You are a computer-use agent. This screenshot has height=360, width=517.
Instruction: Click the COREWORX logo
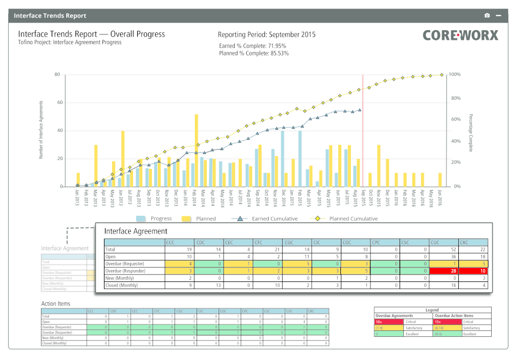pyautogui.click(x=460, y=36)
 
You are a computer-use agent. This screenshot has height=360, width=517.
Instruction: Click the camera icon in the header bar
pyautogui.click(x=487, y=16)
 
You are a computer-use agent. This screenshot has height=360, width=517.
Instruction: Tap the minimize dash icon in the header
pyautogui.click(x=498, y=16)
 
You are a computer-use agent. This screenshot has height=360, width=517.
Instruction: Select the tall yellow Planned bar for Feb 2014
pyautogui.click(x=196, y=150)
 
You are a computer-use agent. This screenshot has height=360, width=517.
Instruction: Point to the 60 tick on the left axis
pyautogui.click(x=57, y=102)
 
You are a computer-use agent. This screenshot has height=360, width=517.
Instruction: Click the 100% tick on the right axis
pyautogui.click(x=455, y=74)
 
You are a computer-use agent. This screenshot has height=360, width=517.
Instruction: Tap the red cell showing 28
pyautogui.click(x=444, y=271)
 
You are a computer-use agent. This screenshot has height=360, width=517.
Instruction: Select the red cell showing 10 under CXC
pyautogui.click(x=473, y=271)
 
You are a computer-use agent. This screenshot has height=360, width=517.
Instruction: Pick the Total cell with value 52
pyautogui.click(x=444, y=250)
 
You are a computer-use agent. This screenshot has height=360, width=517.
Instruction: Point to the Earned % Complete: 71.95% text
pyautogui.click(x=253, y=46)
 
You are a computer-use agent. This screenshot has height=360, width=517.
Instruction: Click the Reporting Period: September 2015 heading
pyautogui.click(x=266, y=34)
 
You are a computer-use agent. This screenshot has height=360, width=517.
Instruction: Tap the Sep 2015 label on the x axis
pyautogui.click(x=364, y=199)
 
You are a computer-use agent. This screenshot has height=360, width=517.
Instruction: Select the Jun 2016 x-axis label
pyautogui.click(x=440, y=199)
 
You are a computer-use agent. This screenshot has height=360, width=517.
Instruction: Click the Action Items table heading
pyautogui.click(x=56, y=303)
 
